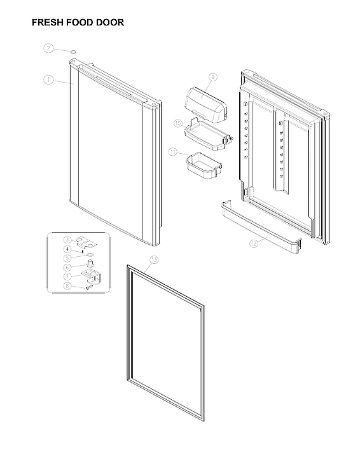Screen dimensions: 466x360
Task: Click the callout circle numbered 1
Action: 48,79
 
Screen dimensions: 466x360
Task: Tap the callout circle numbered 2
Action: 48,48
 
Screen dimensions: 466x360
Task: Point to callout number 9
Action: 213,77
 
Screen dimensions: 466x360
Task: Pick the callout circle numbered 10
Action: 178,121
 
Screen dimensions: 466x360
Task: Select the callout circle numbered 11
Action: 173,152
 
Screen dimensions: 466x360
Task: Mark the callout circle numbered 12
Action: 253,243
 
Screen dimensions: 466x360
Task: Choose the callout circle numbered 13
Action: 153,259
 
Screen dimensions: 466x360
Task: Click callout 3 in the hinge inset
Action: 67,239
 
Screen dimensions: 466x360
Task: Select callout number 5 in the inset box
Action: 67,259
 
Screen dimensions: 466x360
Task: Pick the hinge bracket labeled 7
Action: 93,276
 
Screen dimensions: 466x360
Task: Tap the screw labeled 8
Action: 90,287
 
